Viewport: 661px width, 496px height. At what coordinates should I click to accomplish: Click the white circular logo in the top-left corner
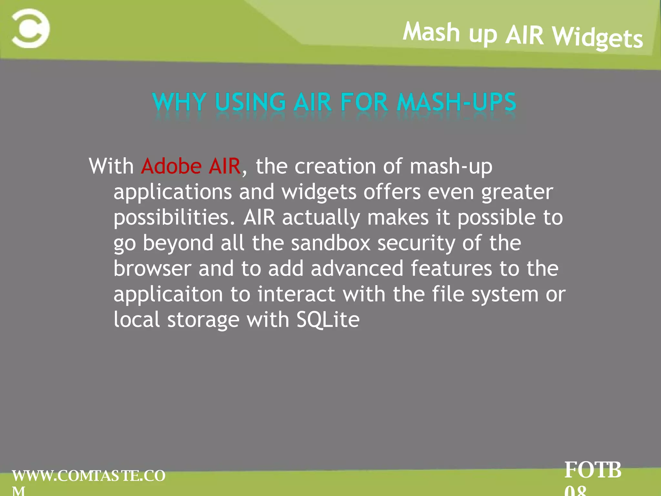(x=31, y=28)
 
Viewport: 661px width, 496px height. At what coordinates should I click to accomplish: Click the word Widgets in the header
(x=597, y=37)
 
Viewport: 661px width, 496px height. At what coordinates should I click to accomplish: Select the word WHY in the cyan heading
(x=179, y=102)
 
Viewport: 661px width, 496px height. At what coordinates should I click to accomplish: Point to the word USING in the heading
(x=250, y=102)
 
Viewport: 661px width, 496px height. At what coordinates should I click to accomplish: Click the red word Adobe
(x=171, y=166)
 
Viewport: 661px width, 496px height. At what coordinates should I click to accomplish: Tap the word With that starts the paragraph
(x=111, y=166)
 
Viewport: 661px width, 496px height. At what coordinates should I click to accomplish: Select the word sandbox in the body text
(x=330, y=243)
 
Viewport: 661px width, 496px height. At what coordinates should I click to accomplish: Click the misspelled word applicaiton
(x=168, y=294)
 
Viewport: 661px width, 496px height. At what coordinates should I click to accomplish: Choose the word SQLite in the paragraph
(x=328, y=320)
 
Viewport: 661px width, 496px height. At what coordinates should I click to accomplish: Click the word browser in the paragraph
(x=152, y=269)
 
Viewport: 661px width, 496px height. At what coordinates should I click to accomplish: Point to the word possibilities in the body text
(x=174, y=218)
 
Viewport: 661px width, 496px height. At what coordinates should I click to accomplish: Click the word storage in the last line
(x=203, y=320)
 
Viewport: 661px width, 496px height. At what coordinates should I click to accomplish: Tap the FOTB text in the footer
(x=593, y=470)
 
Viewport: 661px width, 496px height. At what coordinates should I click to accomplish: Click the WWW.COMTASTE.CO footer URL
(x=89, y=476)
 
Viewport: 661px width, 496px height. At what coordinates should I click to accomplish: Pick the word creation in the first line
(x=335, y=166)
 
